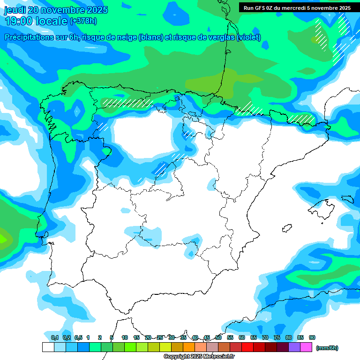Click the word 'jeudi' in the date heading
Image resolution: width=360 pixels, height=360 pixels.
pos(15,10)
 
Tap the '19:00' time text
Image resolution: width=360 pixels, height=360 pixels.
pos(18,21)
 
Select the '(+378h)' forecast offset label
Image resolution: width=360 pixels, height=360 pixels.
pos(83,21)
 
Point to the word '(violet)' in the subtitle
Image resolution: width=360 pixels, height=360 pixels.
pos(249,37)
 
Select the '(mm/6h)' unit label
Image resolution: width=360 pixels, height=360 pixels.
pos(327,348)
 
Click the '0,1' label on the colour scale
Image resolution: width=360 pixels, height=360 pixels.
pos(54,337)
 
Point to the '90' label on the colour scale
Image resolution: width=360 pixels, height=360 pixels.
pos(312,337)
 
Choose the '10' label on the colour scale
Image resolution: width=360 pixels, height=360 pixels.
pos(125,337)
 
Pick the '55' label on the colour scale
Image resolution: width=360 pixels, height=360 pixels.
pos(230,337)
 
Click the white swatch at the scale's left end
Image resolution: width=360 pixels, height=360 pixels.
pos(48,347)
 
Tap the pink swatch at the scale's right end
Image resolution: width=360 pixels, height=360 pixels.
pos(306,347)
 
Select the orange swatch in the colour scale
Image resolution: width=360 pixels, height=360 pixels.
pos(189,347)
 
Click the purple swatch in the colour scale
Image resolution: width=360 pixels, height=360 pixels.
pos(294,347)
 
